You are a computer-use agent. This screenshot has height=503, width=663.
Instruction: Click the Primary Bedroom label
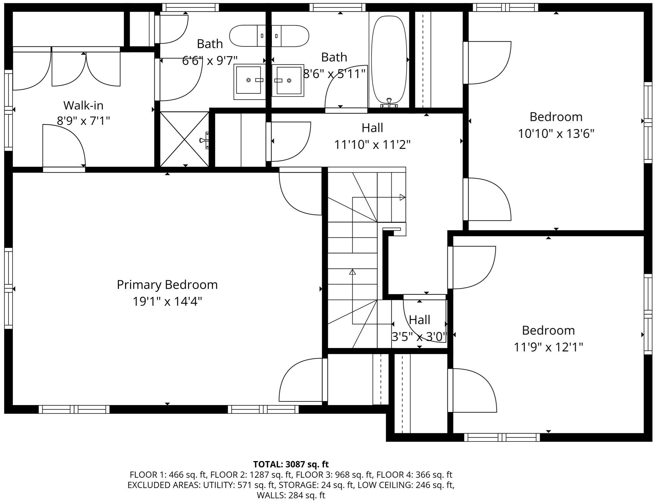(x=167, y=285)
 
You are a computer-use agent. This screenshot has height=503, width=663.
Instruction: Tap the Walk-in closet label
(x=83, y=105)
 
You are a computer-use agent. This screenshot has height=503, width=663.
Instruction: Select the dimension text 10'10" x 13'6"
(x=556, y=134)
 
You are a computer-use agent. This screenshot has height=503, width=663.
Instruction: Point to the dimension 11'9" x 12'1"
(x=548, y=347)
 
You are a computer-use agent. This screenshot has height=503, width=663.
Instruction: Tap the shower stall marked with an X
(x=184, y=139)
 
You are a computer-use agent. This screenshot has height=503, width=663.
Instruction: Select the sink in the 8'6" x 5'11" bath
(x=288, y=81)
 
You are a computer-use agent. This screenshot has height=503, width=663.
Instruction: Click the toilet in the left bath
(x=248, y=36)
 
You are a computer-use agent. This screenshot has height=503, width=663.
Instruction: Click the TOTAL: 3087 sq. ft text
(x=291, y=464)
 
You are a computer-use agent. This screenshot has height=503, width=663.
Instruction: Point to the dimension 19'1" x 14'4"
(x=167, y=301)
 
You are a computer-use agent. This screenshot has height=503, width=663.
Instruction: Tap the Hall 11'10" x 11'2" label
(x=372, y=136)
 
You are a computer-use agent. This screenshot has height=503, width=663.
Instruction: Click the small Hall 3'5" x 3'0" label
(x=420, y=328)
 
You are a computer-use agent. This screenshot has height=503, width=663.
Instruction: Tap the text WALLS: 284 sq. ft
(x=291, y=495)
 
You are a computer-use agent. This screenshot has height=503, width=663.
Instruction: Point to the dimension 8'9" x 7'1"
(x=83, y=121)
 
